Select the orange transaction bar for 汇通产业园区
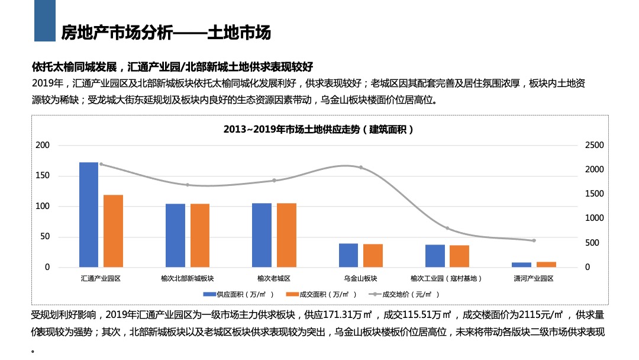click(113, 231)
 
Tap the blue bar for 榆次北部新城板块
click(175, 235)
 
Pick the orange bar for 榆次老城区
click(286, 235)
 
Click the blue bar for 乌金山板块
click(348, 255)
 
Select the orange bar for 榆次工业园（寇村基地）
click(459, 256)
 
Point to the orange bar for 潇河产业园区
click(546, 265)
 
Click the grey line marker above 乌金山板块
click(361, 168)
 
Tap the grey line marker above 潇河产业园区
click(534, 240)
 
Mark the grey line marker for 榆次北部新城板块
click(188, 185)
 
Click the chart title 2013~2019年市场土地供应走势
click(319, 129)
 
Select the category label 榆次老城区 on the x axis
click(274, 278)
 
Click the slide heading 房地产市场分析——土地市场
click(166, 33)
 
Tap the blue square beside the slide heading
click(44, 21)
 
